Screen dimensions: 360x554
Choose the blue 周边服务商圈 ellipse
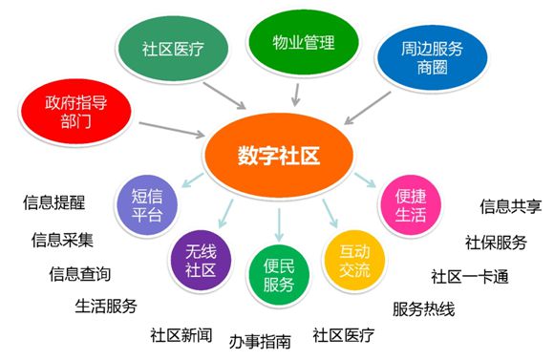point(427,58)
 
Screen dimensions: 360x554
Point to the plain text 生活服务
point(106,306)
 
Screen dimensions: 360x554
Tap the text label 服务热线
point(425,308)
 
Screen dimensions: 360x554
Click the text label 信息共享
point(510,205)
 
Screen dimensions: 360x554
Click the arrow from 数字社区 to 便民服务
point(278,222)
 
